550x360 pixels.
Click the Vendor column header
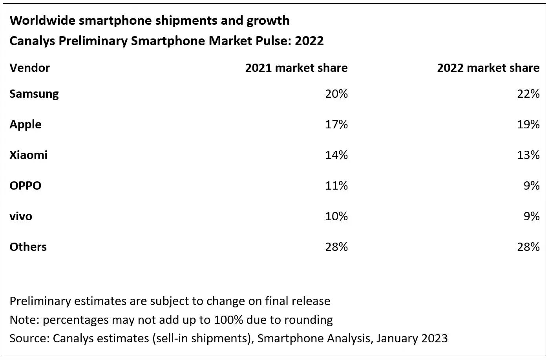(x=29, y=68)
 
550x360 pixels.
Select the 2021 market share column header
(x=296, y=68)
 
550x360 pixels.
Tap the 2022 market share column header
(x=488, y=68)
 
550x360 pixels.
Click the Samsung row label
(x=34, y=94)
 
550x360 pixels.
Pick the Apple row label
(x=26, y=124)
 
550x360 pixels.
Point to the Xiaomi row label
(x=28, y=155)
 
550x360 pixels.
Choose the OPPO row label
(x=25, y=185)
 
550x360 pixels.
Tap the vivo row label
(x=21, y=216)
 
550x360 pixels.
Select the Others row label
(x=28, y=247)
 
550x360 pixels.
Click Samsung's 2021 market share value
(x=336, y=94)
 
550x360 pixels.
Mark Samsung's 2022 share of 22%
(x=528, y=94)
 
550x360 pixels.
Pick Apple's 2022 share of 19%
(x=528, y=124)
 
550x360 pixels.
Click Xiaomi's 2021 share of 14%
(x=336, y=155)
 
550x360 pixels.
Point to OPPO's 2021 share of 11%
(x=336, y=185)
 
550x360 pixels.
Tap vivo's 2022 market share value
(x=532, y=216)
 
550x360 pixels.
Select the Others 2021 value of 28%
(x=336, y=247)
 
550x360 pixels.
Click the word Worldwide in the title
(x=42, y=20)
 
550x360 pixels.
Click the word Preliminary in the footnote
(x=40, y=301)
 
